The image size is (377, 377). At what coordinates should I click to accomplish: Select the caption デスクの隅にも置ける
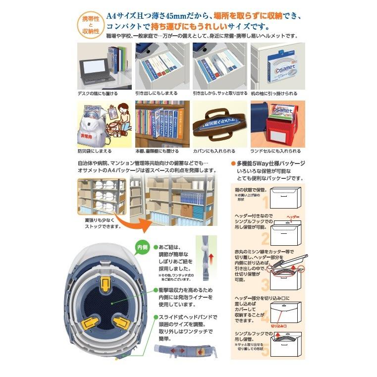coord(98,93)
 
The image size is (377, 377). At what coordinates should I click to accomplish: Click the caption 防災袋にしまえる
coord(94,151)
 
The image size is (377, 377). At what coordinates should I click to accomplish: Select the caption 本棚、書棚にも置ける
coord(158,151)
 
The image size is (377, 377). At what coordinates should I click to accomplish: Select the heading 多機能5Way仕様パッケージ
coord(270,163)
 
